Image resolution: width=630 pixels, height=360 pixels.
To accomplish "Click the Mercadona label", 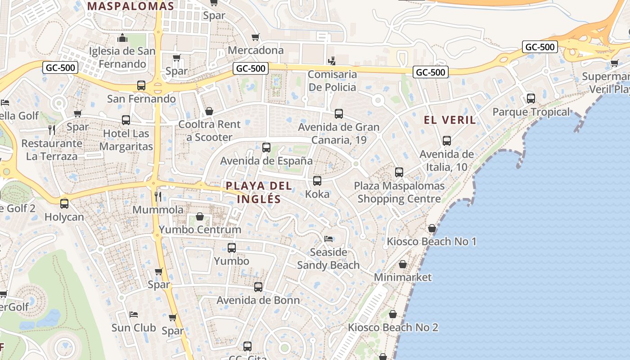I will point(256,50).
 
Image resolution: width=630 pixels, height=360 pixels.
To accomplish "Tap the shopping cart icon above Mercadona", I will point(256,37).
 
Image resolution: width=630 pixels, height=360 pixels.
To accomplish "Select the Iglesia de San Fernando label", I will point(122,57).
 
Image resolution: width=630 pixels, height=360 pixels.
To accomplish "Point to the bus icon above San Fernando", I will point(141,85).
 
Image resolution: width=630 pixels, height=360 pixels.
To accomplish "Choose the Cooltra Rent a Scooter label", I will point(209,130).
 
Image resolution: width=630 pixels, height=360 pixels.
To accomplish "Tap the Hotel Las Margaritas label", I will point(126,140).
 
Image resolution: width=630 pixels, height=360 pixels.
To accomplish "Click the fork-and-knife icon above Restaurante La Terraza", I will point(52,130).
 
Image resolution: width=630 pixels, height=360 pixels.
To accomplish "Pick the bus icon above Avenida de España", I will point(266,148).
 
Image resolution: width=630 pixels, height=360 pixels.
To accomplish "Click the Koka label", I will point(317,194).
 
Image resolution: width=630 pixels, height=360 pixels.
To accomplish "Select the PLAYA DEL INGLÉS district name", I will point(259,192).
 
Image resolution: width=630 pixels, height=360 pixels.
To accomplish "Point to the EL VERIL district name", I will point(450,120).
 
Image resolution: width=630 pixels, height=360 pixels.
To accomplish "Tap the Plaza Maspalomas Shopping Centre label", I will point(399,192).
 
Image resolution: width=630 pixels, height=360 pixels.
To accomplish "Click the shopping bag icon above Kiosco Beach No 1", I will point(432,229).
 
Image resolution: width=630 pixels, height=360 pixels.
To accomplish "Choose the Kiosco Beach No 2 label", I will point(393,327).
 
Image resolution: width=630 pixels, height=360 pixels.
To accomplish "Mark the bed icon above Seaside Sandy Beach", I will point(328,238).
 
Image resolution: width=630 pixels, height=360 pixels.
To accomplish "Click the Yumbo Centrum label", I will point(200,229).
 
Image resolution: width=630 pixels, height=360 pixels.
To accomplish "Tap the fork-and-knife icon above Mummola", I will point(158,197).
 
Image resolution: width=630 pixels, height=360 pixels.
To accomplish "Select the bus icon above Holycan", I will point(64,204).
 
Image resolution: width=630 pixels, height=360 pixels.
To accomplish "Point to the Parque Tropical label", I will point(531,112).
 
